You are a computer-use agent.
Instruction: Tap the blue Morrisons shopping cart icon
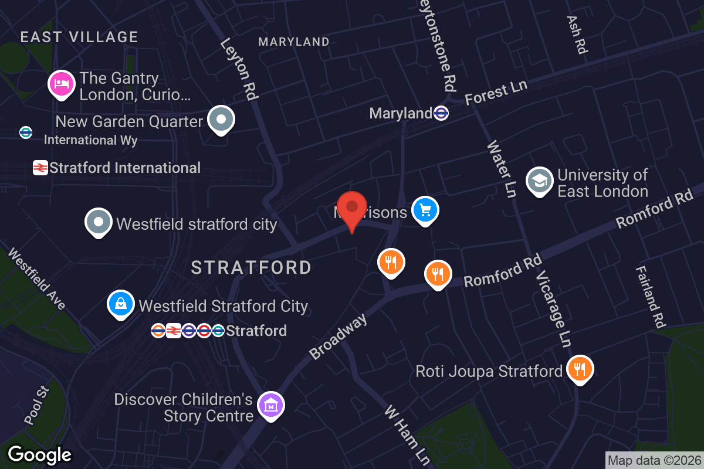[x=425, y=210]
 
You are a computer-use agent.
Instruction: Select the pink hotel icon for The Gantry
[x=61, y=84]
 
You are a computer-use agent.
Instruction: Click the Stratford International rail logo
[x=40, y=168]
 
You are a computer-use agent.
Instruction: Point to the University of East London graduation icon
[x=539, y=181]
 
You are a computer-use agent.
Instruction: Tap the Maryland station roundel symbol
[x=441, y=113]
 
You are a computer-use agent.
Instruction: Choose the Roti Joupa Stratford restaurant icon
[x=580, y=369]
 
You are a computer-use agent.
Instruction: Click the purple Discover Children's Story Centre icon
[x=271, y=405]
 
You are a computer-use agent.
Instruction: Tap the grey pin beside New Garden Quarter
[x=221, y=119]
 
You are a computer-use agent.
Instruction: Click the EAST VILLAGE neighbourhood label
[x=79, y=37]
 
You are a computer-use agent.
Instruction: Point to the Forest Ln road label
[x=496, y=93]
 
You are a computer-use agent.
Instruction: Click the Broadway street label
[x=339, y=337]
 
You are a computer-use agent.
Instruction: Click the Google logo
[x=39, y=454]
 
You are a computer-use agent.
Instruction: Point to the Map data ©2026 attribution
[x=654, y=460]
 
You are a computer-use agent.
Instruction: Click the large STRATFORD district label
[x=251, y=268]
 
